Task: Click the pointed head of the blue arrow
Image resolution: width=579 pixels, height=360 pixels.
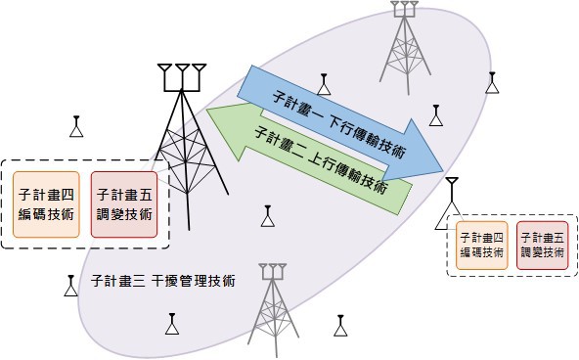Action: tap(442, 171)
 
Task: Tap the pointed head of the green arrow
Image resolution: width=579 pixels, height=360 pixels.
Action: tap(207, 110)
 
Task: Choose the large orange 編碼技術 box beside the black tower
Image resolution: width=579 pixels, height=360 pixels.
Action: tap(46, 204)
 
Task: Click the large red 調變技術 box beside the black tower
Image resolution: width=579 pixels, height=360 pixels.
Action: tap(124, 204)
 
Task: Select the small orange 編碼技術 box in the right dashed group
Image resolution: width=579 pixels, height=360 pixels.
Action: tap(482, 246)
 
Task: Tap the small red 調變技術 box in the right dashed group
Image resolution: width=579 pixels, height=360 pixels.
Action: tap(543, 246)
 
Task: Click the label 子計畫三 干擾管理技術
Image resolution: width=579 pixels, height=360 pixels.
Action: tap(162, 281)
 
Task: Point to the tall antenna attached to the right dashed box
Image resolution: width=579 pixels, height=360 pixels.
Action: tap(451, 203)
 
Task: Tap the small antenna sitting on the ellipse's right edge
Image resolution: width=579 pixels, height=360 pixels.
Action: tap(492, 83)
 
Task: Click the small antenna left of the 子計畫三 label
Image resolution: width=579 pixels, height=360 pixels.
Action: tap(70, 286)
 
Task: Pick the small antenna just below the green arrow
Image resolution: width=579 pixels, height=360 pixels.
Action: tap(268, 216)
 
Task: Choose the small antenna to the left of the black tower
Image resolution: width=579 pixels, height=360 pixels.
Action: tap(76, 126)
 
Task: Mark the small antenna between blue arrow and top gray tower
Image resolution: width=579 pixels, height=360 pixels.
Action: tap(324, 84)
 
